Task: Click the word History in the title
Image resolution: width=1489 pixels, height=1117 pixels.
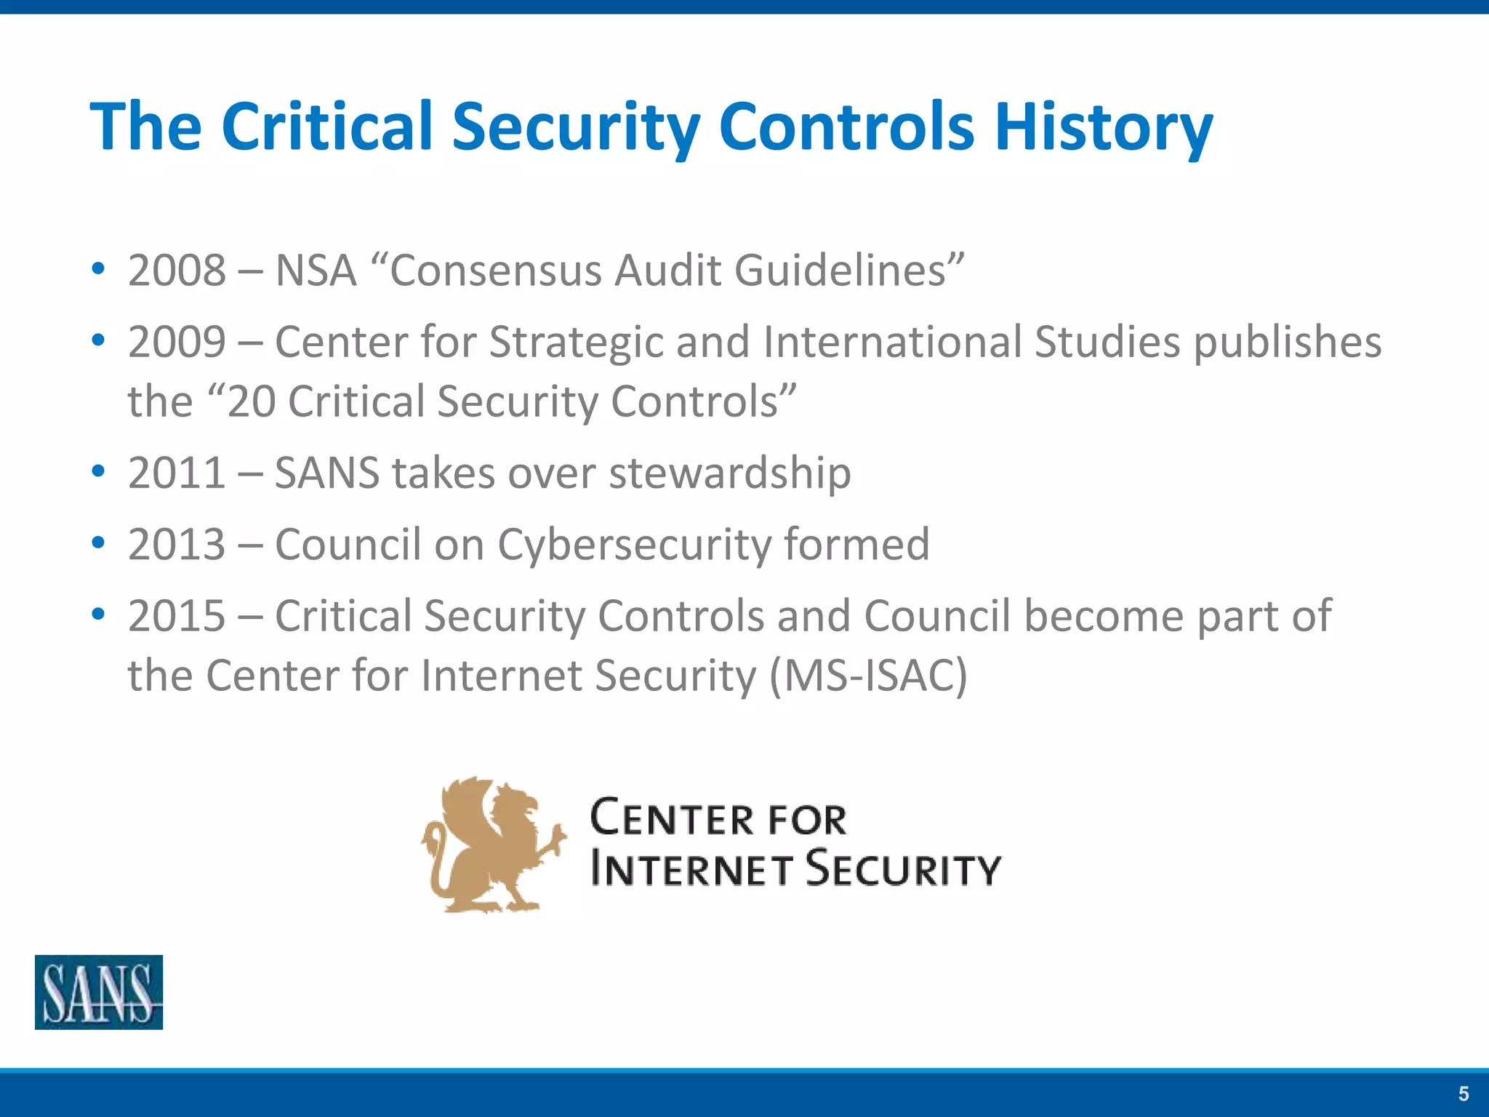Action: pyautogui.click(x=1103, y=127)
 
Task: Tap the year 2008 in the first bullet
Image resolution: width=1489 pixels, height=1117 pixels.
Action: pyautogui.click(x=177, y=271)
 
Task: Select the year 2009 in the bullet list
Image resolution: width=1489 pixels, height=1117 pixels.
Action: pyautogui.click(x=177, y=342)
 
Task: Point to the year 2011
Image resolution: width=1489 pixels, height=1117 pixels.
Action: pyautogui.click(x=177, y=473)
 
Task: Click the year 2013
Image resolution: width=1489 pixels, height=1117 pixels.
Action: pyautogui.click(x=177, y=544)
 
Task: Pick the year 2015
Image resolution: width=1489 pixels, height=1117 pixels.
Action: pyautogui.click(x=177, y=616)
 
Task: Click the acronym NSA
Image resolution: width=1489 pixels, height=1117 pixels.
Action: pyautogui.click(x=316, y=271)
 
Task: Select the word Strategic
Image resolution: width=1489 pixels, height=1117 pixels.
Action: pyautogui.click(x=576, y=343)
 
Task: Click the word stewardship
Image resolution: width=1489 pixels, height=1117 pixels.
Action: pyautogui.click(x=730, y=474)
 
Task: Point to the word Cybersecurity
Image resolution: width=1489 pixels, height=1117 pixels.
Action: pyautogui.click(x=633, y=545)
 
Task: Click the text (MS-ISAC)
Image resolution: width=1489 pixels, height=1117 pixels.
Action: pyautogui.click(x=868, y=676)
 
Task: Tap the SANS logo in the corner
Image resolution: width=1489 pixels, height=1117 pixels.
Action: pyautogui.click(x=99, y=992)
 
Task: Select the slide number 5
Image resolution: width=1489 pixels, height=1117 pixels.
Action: pyautogui.click(x=1464, y=1094)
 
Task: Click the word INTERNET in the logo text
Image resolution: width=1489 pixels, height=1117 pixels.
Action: pyautogui.click(x=691, y=869)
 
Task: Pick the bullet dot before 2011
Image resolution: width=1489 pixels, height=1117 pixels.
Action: pyautogui.click(x=98, y=471)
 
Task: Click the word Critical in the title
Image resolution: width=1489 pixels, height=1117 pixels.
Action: pyautogui.click(x=327, y=127)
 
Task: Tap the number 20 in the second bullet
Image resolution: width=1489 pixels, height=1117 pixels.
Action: pyautogui.click(x=252, y=401)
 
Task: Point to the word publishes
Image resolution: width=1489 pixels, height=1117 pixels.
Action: pyautogui.click(x=1287, y=343)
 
